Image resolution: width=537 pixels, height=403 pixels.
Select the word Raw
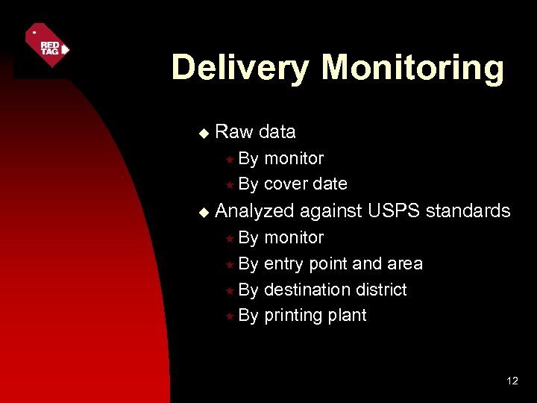tap(233, 132)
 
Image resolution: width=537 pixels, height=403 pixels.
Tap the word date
tap(330, 184)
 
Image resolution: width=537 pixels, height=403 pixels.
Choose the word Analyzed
tap(255, 212)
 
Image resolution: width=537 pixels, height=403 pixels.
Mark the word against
tap(332, 212)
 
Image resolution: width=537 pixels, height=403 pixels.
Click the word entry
tap(284, 264)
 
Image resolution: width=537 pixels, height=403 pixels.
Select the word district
tap(381, 290)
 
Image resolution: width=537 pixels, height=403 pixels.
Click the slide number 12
tap(512, 381)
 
